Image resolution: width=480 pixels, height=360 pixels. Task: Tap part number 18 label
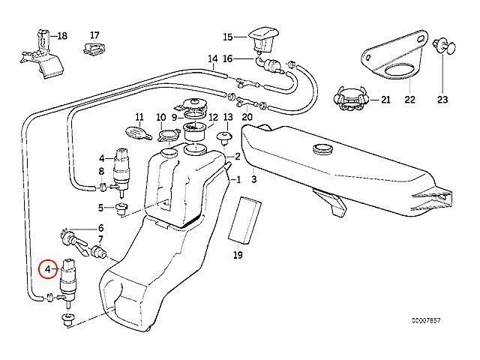tap(61, 35)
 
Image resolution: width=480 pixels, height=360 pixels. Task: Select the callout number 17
tap(94, 35)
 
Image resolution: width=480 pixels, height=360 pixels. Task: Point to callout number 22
tap(409, 99)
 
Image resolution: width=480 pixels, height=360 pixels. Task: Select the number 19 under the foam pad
tap(238, 256)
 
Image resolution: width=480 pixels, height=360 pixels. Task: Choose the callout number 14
tap(212, 58)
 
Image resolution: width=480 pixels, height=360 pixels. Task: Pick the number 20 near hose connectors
tap(247, 117)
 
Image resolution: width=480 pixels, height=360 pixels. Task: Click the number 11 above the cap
tap(139, 117)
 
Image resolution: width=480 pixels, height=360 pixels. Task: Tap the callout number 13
tap(228, 117)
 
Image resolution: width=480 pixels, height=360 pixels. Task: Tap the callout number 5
tap(100, 207)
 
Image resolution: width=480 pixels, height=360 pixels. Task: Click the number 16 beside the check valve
tap(228, 58)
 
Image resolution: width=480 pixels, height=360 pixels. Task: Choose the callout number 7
tap(100, 238)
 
